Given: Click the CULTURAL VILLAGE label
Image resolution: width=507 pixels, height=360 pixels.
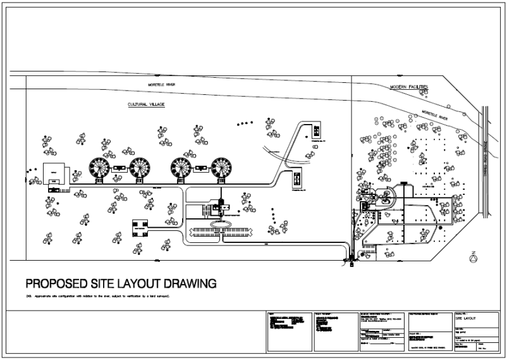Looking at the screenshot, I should tap(146, 104).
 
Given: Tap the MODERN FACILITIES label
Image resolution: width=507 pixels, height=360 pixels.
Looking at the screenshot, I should tap(410, 86).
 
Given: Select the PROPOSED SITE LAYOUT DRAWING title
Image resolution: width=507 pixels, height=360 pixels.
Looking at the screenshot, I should tap(120, 283).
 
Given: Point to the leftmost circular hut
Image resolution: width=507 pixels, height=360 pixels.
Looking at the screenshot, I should tap(99, 168).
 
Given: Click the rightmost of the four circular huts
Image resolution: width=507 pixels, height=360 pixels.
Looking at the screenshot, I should tap(222, 168).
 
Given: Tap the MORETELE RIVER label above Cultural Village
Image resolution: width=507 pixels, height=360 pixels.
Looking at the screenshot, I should tap(161, 84).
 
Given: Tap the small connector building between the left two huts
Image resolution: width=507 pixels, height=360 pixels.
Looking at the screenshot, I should tap(119, 168).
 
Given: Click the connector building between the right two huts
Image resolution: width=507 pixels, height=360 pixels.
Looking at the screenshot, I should tap(202, 168).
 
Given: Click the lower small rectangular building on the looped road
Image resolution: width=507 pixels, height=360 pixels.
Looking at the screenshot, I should tap(296, 178).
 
